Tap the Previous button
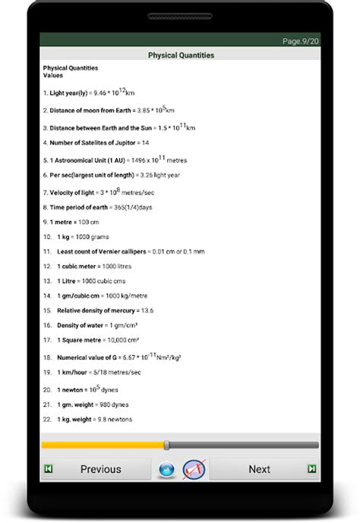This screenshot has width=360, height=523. [x=100, y=469]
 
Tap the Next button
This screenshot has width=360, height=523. [x=259, y=469]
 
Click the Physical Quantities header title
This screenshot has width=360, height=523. [x=181, y=55]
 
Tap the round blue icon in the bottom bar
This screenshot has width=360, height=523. [x=166, y=470]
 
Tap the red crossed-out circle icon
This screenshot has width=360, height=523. [x=194, y=469]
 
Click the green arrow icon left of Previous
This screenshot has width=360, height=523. [x=49, y=469]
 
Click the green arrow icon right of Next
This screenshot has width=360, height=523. [x=311, y=469]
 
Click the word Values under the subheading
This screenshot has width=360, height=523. [x=52, y=76]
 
